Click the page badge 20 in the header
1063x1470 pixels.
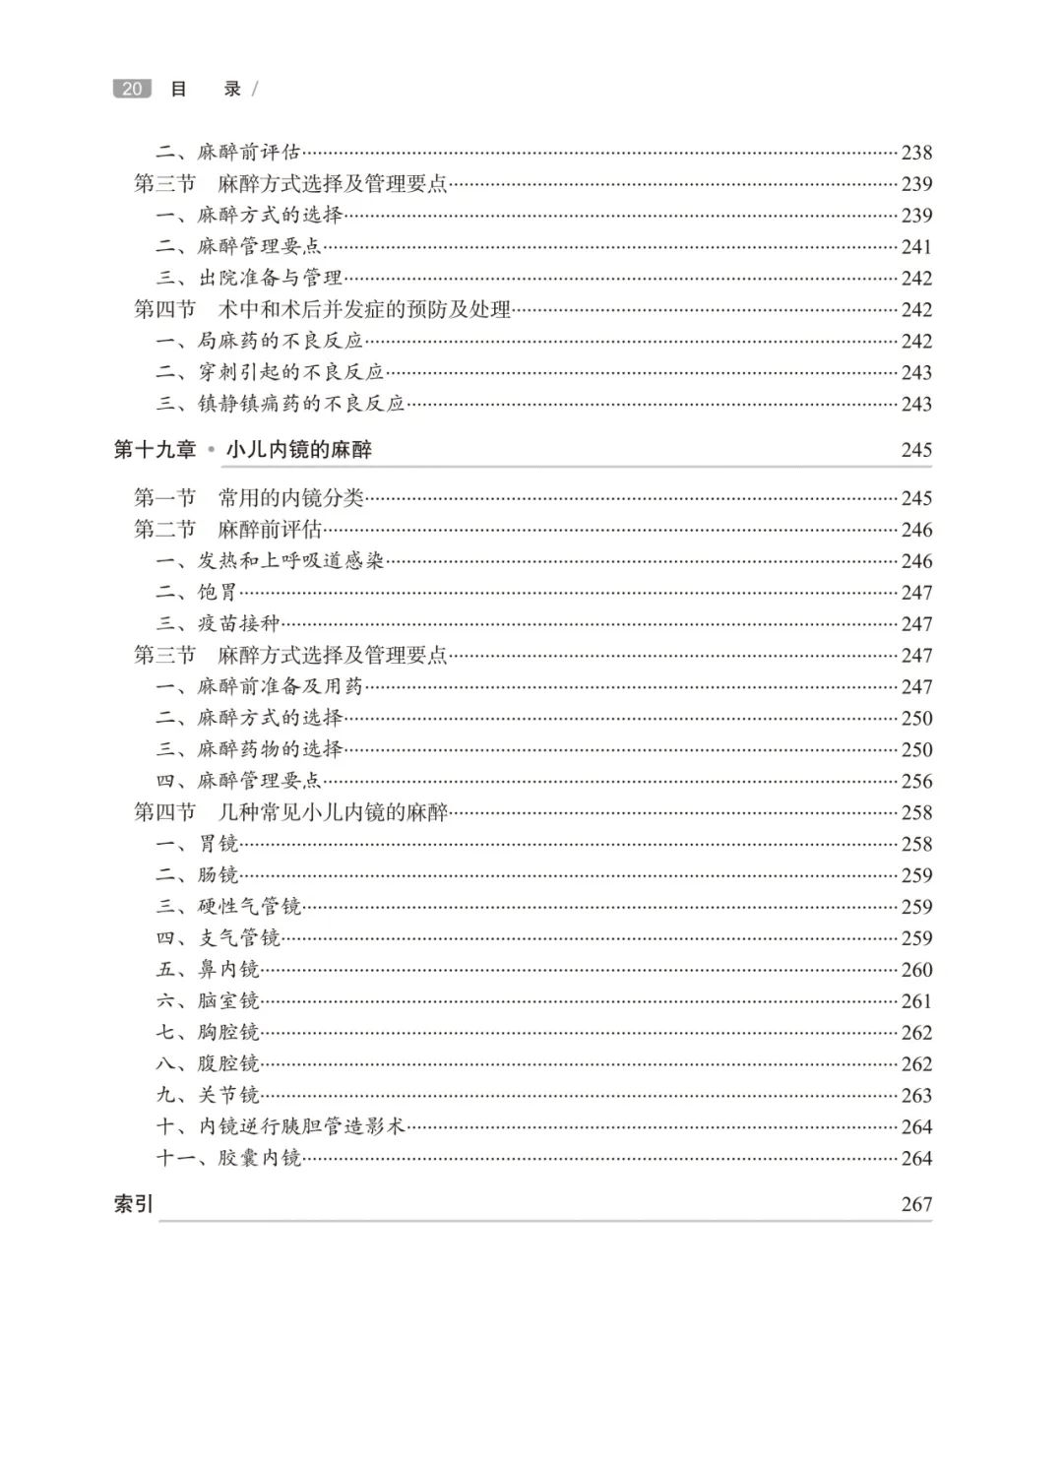click(132, 89)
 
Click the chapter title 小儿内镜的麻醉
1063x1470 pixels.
click(298, 450)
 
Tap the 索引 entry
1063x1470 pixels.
click(134, 1204)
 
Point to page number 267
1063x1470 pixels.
click(915, 1204)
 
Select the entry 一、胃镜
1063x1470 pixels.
click(198, 844)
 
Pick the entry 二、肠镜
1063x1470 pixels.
click(198, 875)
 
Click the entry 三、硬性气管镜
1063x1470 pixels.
click(228, 907)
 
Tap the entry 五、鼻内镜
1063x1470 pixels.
click(208, 970)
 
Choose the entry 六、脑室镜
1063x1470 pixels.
click(208, 1001)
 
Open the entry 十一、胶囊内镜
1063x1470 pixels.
click(228, 1159)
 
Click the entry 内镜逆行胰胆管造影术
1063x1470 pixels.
click(302, 1127)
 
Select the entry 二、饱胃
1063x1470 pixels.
click(198, 593)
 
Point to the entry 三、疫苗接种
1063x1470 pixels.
click(219, 624)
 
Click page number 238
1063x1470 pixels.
click(915, 153)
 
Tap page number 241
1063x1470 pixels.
click(915, 247)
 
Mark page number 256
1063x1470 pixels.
click(915, 781)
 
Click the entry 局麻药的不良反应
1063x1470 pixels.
click(281, 342)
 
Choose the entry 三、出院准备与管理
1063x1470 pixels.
click(249, 279)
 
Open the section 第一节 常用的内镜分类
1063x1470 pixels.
click(249, 498)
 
